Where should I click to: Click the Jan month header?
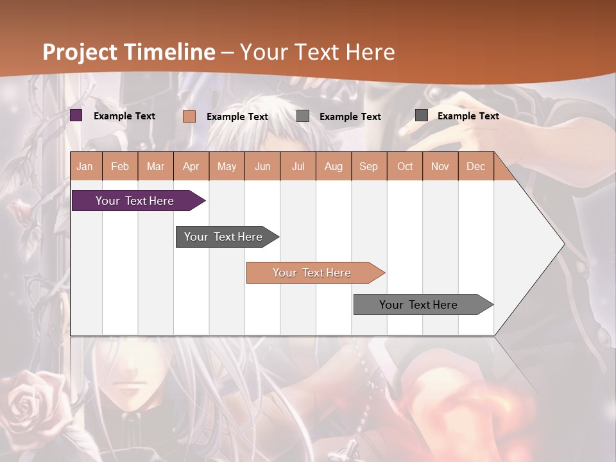tap(85, 166)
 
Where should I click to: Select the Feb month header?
tap(120, 166)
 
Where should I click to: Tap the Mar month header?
tap(155, 166)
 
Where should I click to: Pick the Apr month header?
tap(191, 166)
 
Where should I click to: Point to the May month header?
tap(227, 166)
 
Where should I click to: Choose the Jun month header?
tap(262, 166)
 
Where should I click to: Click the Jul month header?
tap(298, 166)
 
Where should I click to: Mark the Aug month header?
tap(334, 166)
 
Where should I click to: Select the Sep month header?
tap(369, 166)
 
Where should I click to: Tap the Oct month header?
tap(405, 166)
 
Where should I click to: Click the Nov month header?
tap(440, 166)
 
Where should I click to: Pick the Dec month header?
tap(475, 166)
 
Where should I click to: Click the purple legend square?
tap(76, 116)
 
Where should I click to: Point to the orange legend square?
tap(189, 116)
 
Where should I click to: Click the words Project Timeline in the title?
tap(129, 52)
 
